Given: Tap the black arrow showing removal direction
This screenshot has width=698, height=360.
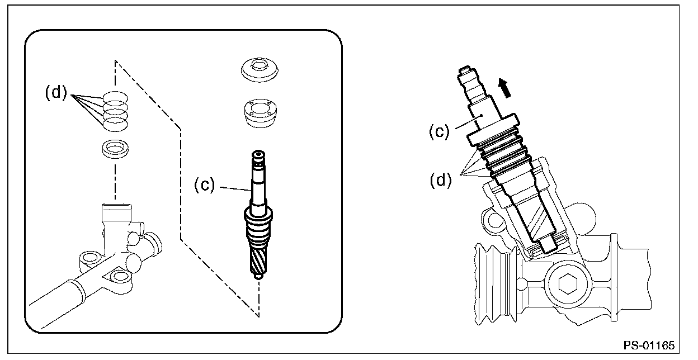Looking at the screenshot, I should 505,87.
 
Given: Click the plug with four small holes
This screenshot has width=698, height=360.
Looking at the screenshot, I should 259,113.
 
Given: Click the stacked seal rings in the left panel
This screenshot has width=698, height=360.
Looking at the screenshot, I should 115,108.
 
